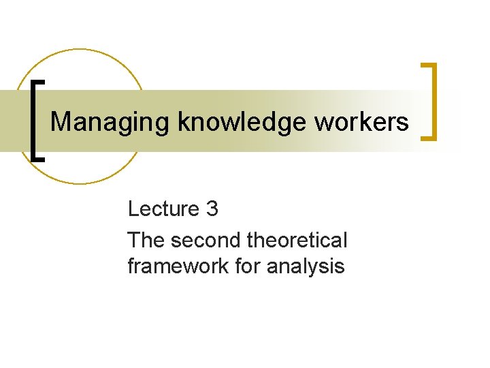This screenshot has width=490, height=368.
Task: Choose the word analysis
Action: point(306,266)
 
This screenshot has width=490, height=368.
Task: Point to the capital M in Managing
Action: point(61,122)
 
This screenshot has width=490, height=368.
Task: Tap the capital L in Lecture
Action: point(133,209)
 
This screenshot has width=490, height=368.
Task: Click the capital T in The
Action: point(133,240)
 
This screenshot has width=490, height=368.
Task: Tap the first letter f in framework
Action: point(130,266)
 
